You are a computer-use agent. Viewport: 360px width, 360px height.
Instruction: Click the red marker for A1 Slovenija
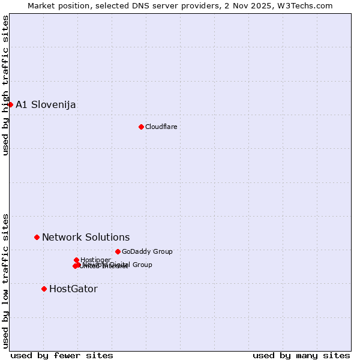[x=10, y=104]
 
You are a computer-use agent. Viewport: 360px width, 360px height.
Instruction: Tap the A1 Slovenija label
[x=46, y=105]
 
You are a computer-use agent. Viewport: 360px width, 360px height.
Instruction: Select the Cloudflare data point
[x=141, y=127]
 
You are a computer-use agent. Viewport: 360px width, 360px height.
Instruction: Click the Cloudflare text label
[x=161, y=127]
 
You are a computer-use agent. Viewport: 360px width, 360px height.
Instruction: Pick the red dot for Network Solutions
[x=37, y=237]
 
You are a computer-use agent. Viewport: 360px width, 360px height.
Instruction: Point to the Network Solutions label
[x=86, y=238]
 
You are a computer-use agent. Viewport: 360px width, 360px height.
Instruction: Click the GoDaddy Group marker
[x=118, y=251]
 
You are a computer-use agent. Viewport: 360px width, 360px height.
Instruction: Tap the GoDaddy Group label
[x=147, y=252]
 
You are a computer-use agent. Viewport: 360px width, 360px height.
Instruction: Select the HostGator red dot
[x=44, y=289]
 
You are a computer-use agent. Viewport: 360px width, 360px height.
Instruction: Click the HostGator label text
[x=73, y=289]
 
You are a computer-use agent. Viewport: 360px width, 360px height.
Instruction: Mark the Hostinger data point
[x=76, y=260]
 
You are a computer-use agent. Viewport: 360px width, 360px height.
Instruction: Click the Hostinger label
[x=95, y=260]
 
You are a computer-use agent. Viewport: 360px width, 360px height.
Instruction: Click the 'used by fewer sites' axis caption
[x=62, y=356]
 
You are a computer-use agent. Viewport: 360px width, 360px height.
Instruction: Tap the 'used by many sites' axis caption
[x=301, y=356]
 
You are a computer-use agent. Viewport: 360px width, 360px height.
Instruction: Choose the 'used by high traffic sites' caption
[x=6, y=85]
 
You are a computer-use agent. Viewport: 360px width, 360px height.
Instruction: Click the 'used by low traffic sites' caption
[x=6, y=281]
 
